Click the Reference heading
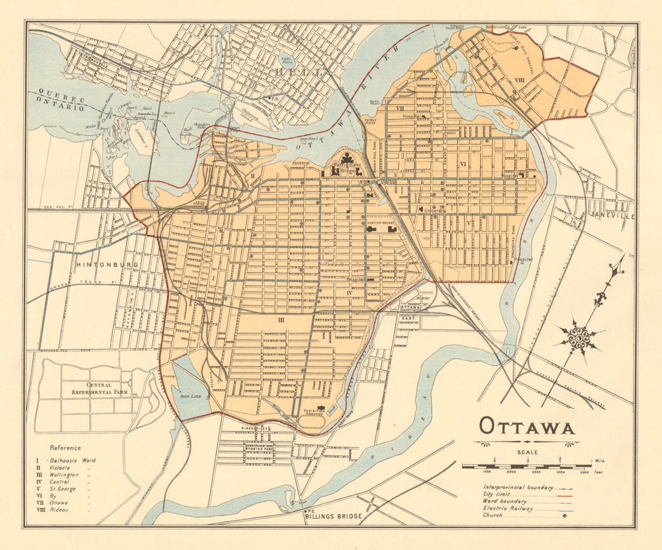coord(66,448)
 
